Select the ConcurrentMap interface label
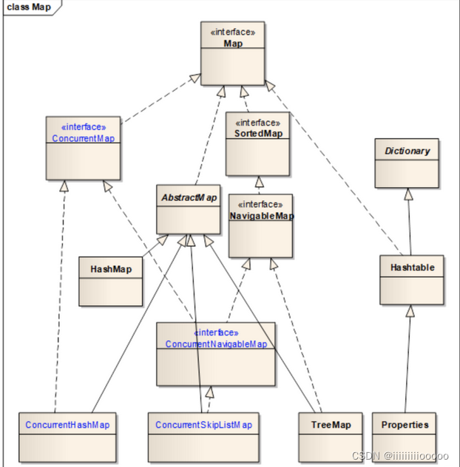(83, 138)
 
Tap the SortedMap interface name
(257, 133)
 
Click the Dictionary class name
(407, 151)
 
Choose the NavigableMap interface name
(261, 216)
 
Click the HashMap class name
(111, 269)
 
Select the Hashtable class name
(412, 267)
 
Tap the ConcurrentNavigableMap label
(216, 344)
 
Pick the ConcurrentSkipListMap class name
(203, 425)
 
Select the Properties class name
(405, 425)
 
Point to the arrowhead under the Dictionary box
(407, 194)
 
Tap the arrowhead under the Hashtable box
(410, 311)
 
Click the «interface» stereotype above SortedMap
(257, 122)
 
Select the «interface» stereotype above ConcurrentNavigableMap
(216, 333)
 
